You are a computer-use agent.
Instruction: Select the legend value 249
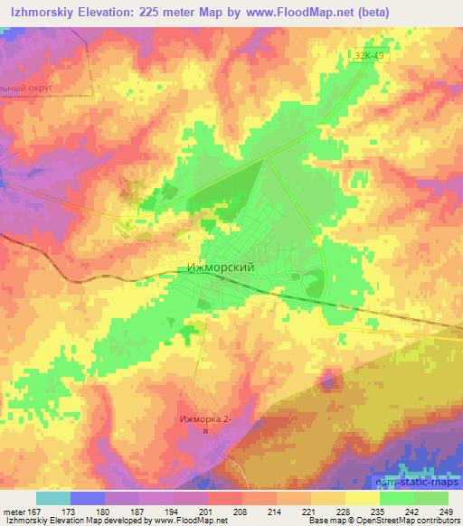448,512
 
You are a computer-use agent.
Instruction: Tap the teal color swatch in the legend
52,498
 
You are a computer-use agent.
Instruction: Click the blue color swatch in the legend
88,498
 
